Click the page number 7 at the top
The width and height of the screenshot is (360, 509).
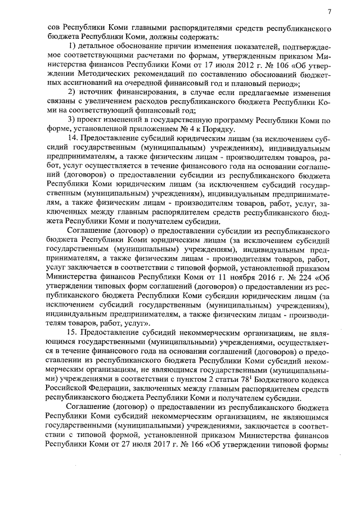[x=330, y=11]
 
